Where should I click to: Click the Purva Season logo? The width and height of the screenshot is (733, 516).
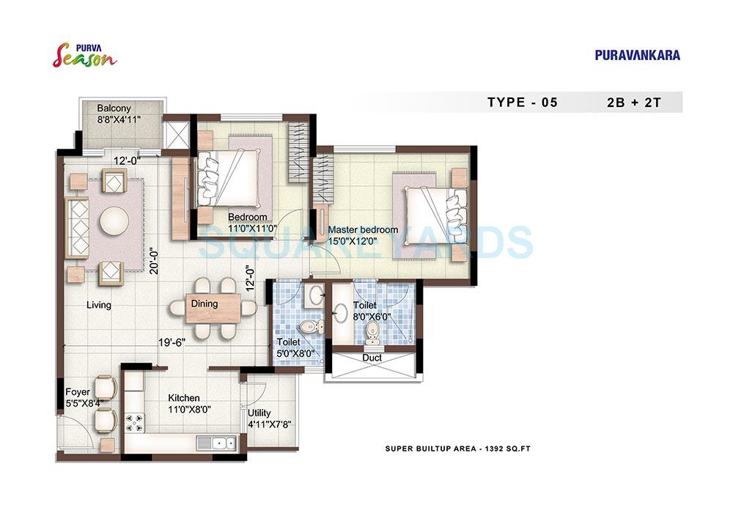(84, 54)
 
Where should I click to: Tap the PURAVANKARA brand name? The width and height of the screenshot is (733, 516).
(637, 55)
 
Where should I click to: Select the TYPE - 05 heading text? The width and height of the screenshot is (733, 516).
(522, 103)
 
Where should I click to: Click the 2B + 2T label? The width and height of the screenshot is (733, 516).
(630, 103)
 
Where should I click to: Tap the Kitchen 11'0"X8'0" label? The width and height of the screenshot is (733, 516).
(183, 403)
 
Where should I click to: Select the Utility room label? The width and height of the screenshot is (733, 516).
(259, 419)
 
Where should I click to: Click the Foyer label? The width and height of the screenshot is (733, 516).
(77, 397)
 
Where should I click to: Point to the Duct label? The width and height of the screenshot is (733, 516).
(372, 358)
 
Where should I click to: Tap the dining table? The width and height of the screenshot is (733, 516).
(213, 308)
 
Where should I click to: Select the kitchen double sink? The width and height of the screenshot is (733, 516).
(216, 443)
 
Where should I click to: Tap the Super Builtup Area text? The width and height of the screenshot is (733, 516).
(457, 448)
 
